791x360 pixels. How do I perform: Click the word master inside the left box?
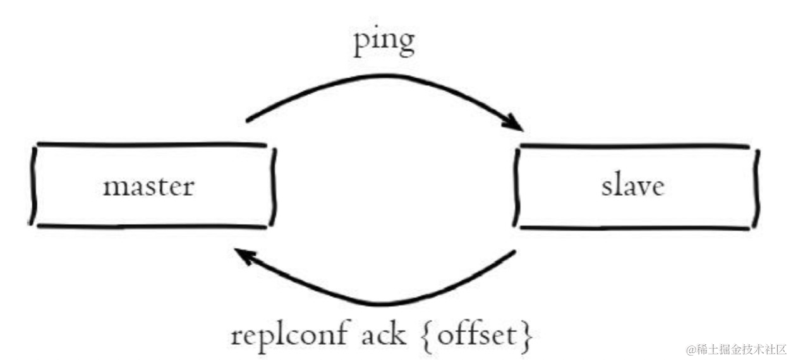pos(148,186)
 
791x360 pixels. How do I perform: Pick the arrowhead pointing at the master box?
pos(243,256)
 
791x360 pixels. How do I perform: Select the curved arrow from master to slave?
pos(379,81)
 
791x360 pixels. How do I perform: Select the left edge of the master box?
pos(33,184)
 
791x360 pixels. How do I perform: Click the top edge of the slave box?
pos(635,147)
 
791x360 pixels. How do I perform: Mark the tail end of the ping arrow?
pos(249,118)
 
